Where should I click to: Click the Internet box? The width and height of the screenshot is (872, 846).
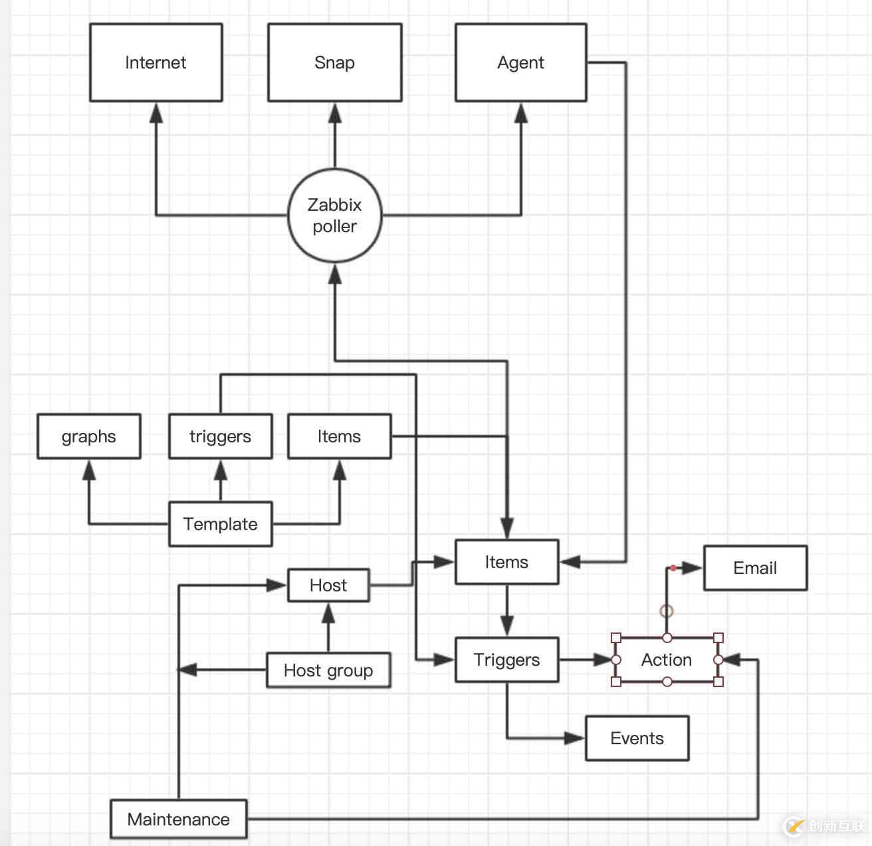(156, 63)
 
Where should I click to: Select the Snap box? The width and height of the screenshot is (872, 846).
(334, 63)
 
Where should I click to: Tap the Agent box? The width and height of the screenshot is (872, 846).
(520, 63)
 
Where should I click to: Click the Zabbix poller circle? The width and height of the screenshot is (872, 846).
(334, 215)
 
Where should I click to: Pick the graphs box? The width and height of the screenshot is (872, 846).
(88, 436)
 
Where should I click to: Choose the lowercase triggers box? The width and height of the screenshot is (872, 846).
(220, 436)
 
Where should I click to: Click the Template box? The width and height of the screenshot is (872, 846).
(220, 524)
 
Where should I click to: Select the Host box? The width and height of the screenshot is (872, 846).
(328, 585)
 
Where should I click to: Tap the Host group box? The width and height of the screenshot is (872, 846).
(328, 670)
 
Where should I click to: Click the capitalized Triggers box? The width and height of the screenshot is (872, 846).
(506, 660)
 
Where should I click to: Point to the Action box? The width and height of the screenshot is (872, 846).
(667, 660)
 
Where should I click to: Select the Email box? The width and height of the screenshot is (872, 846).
(755, 568)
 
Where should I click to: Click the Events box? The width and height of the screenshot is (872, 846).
(637, 738)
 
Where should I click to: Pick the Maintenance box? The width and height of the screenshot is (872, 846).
(178, 819)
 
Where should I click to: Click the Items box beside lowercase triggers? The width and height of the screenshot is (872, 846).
(339, 436)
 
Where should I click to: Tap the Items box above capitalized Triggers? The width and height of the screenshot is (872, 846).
(506, 562)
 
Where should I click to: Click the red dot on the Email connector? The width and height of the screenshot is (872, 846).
(673, 568)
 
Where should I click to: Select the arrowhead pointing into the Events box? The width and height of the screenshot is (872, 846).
(574, 738)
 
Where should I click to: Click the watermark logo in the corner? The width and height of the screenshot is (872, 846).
(794, 826)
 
